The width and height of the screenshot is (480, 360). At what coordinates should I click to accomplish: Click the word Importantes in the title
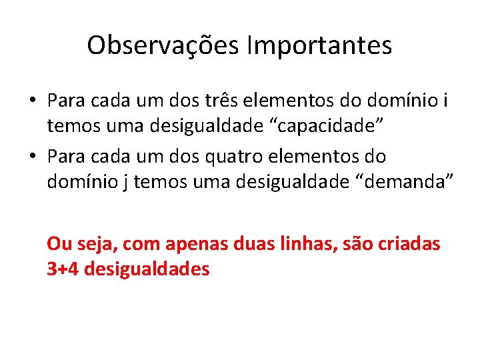[x=319, y=45]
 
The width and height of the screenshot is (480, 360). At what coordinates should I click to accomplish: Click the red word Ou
[x=58, y=245]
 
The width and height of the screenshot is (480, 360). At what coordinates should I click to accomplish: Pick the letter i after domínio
[x=445, y=101]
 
